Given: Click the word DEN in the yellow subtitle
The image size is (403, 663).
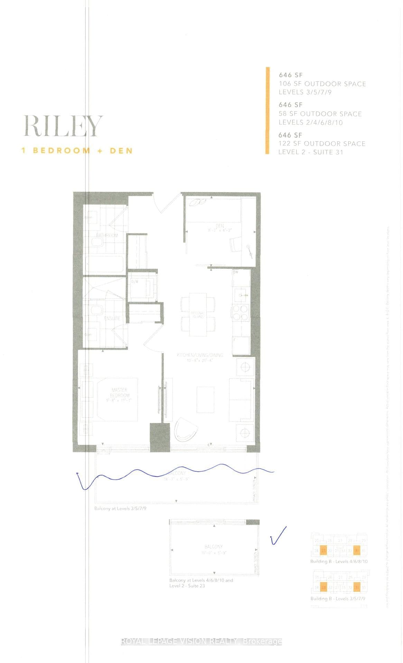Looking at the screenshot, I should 121,151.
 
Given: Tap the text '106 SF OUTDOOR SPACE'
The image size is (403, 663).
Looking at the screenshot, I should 322,84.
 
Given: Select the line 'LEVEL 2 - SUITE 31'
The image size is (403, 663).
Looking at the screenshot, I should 311,152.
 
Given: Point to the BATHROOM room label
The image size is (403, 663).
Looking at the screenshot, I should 107,235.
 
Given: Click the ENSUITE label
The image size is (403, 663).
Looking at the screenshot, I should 112,318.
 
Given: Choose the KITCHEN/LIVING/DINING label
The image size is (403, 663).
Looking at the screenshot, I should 200,355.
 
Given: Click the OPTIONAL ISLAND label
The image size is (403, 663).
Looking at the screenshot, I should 198,315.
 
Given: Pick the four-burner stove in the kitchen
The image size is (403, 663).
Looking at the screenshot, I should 241,313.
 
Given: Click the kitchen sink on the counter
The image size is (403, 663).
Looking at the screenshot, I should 241,294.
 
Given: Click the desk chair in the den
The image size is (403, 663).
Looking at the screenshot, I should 235,244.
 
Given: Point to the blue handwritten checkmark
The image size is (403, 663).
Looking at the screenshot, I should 278,536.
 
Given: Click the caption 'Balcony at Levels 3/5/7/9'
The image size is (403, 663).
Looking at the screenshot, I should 120,508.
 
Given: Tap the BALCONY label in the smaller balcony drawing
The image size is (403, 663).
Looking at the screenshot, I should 213,547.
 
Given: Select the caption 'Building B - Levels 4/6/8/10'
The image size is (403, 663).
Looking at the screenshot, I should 339,561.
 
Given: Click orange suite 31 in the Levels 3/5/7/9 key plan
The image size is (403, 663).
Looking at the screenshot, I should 357,587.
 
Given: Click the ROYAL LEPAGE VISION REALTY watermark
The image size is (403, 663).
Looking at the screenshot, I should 201,642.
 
